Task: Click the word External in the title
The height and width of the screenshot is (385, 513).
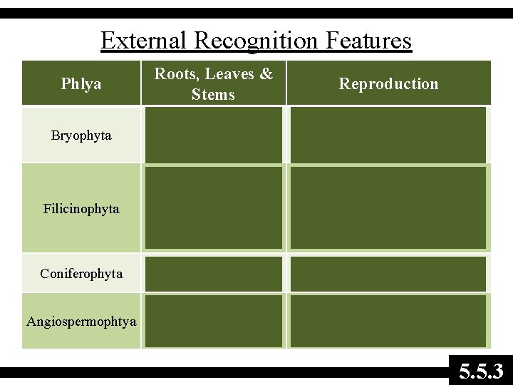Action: (x=145, y=40)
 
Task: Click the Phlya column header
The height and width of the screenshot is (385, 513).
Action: (x=81, y=84)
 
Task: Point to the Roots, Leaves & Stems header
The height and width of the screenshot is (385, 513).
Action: (x=214, y=83)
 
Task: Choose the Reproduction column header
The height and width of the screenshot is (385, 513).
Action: (x=388, y=84)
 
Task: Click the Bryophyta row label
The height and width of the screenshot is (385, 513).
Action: (x=81, y=135)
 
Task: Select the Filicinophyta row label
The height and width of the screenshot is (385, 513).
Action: (x=81, y=209)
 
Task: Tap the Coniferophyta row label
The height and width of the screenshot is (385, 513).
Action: (x=81, y=274)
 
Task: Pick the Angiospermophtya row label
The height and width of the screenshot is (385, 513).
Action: (x=81, y=322)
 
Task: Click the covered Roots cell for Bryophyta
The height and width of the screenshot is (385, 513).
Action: (x=214, y=135)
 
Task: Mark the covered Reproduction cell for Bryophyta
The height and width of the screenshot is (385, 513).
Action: (x=388, y=135)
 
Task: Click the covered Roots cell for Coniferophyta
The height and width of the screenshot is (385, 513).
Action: (x=214, y=274)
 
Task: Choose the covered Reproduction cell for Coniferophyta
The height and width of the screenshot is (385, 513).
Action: (x=388, y=274)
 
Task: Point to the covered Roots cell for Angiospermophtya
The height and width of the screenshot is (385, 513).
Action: (x=214, y=321)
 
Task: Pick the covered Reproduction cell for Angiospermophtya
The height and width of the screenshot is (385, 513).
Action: (x=388, y=321)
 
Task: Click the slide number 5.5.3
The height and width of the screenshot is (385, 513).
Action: (x=481, y=371)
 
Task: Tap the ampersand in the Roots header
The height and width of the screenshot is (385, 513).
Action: (x=266, y=74)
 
